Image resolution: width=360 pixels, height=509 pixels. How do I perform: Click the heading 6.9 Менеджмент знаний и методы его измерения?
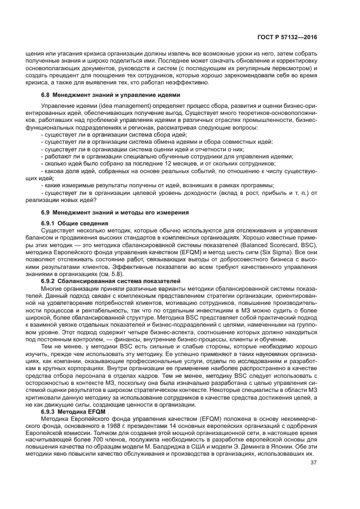tap(115, 212)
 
